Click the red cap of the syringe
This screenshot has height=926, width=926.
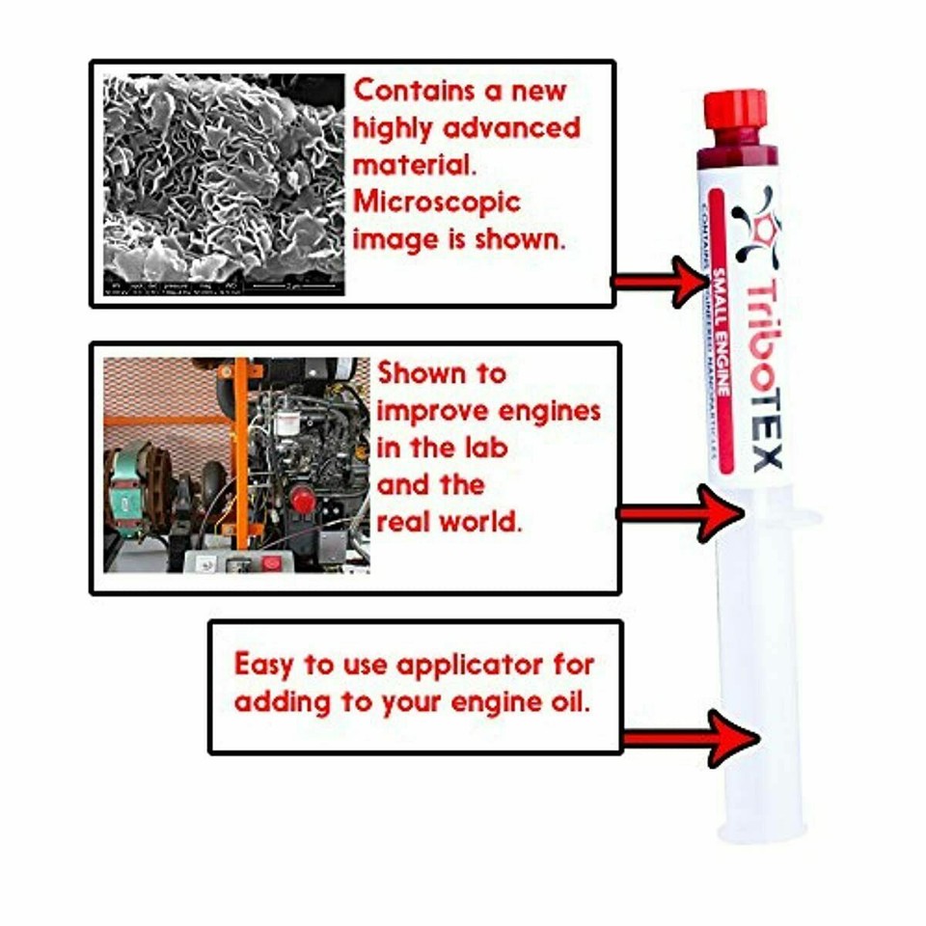click(735, 109)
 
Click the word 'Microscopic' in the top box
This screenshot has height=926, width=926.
click(436, 203)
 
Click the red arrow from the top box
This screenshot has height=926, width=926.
click(662, 282)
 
